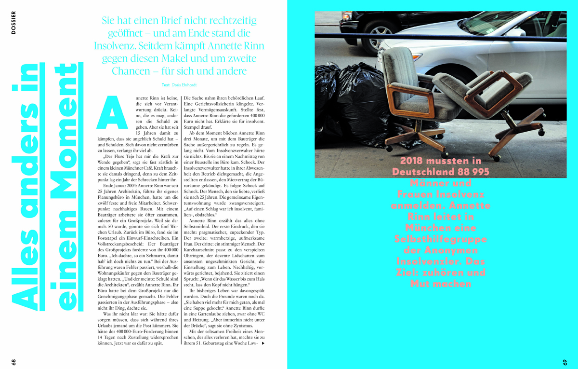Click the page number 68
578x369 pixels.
(13, 361)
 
